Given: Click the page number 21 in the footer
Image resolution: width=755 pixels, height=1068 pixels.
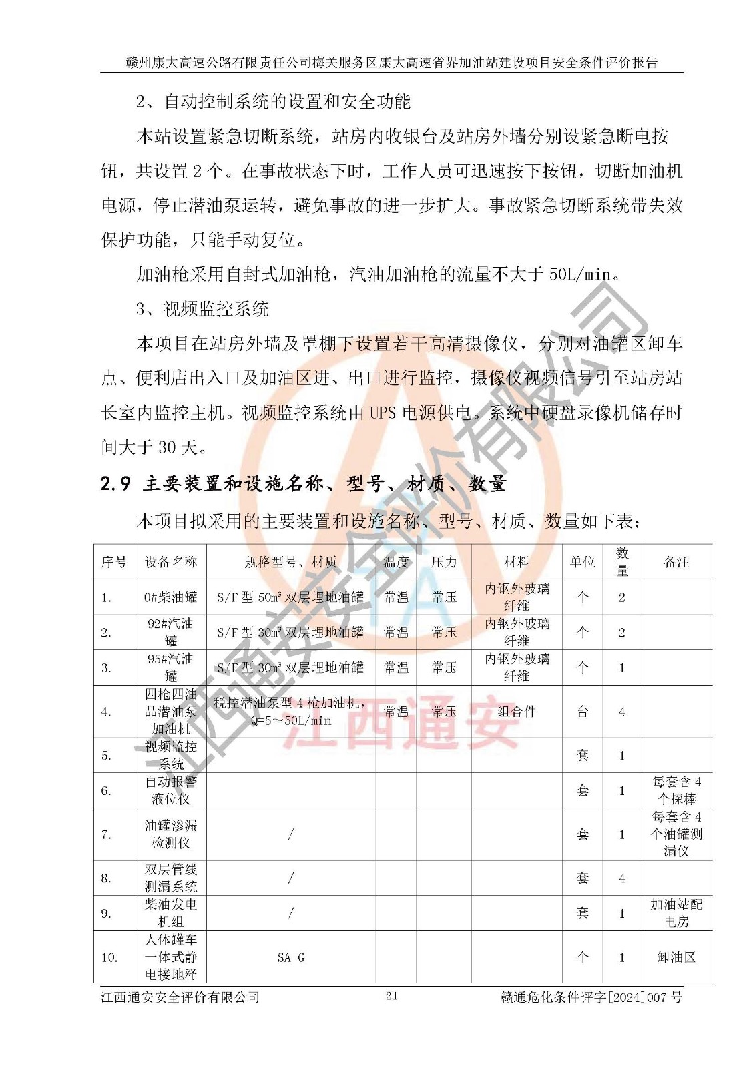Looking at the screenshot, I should coord(391,997).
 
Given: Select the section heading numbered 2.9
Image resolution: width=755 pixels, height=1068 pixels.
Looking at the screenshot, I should coord(303,483).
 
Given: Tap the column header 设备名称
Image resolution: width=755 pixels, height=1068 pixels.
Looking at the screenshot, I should coord(171,562).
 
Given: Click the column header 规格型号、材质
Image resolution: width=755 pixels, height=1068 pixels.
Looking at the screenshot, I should coord(290,562).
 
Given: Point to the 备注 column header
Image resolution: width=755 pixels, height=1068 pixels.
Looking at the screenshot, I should coord(676,562).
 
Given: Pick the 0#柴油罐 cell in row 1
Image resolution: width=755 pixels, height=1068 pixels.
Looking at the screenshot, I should coord(171,597).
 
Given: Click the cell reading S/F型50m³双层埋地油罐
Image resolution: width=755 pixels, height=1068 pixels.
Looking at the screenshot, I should coord(290,597).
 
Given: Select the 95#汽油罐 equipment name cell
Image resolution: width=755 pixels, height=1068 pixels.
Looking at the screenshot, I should coord(171,667).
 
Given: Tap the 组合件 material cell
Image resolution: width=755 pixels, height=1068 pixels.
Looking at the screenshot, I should coord(516,712).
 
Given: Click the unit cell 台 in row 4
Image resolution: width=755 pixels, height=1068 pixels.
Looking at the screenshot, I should coord(582,712).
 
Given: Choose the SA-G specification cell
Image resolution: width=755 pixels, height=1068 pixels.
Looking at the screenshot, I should coord(290,957).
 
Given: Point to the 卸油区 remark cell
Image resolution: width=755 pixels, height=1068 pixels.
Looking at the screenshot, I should coord(676,957).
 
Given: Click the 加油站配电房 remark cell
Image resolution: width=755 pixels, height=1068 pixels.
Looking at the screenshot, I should coord(676,913).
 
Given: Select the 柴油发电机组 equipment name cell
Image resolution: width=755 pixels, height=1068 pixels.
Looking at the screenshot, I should coord(171,913).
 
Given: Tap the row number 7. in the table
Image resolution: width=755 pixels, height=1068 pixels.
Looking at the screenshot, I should coord(107,834).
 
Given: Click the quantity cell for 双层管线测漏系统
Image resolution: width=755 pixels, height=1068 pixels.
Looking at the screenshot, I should coord(621,878).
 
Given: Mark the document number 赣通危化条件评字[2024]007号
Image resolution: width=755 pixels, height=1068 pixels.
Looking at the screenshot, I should coord(591,997).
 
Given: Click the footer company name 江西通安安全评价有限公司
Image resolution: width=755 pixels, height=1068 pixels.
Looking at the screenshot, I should coord(180,997).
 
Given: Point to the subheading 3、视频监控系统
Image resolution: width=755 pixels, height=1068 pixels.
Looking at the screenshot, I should coord(202,308).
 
